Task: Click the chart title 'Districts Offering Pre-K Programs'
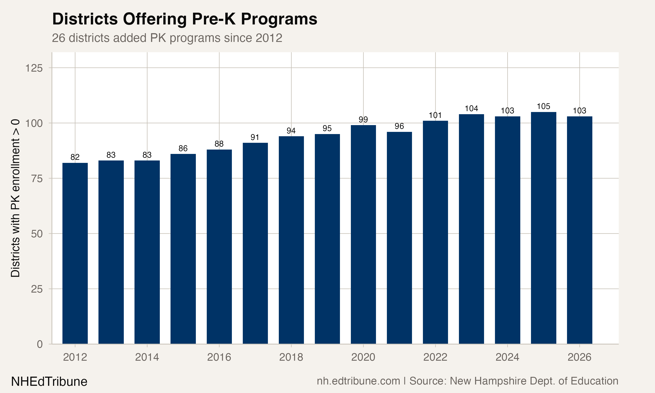184,19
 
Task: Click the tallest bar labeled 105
543,228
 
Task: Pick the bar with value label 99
363,234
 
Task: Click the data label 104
471,109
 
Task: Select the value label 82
75,157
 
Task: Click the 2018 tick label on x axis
291,357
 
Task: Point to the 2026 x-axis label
579,357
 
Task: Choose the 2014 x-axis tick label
147,357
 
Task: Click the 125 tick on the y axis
34,68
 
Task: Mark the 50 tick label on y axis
36,234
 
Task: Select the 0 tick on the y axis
40,344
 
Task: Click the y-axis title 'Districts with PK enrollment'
15,198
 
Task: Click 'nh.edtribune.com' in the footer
358,381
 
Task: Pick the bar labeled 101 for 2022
435,232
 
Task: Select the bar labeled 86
183,249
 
